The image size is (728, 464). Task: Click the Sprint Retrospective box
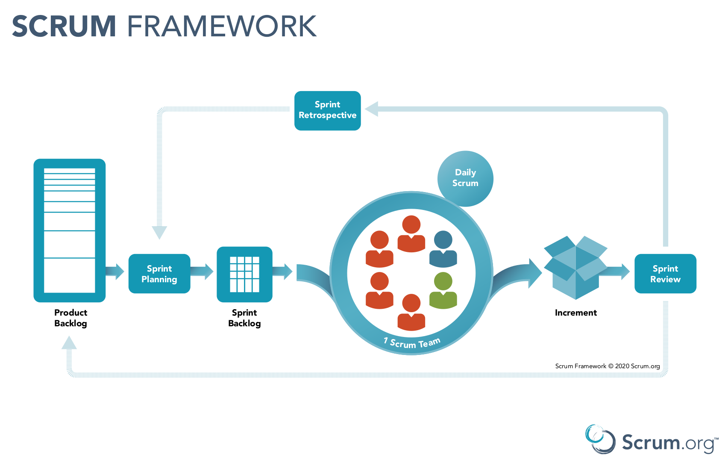(x=327, y=110)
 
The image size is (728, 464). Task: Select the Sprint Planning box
(x=159, y=274)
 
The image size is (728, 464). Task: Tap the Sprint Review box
(x=665, y=274)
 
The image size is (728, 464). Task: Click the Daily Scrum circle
(x=465, y=178)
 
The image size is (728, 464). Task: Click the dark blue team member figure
(x=443, y=249)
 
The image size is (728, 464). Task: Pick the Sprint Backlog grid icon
(x=244, y=274)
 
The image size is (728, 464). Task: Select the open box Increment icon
(x=575, y=267)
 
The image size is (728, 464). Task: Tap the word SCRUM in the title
(x=64, y=27)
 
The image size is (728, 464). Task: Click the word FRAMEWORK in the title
(x=222, y=27)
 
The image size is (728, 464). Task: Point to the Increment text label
(x=575, y=313)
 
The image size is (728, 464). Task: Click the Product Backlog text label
(x=70, y=318)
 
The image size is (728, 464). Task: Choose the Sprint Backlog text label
(x=244, y=318)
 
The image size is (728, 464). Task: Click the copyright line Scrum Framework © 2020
(x=607, y=366)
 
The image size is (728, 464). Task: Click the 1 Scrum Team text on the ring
(x=412, y=343)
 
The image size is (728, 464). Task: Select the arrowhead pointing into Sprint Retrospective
(x=372, y=109)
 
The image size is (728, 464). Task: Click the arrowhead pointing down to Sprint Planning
(x=159, y=232)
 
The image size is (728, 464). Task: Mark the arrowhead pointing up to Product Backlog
(x=69, y=343)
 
